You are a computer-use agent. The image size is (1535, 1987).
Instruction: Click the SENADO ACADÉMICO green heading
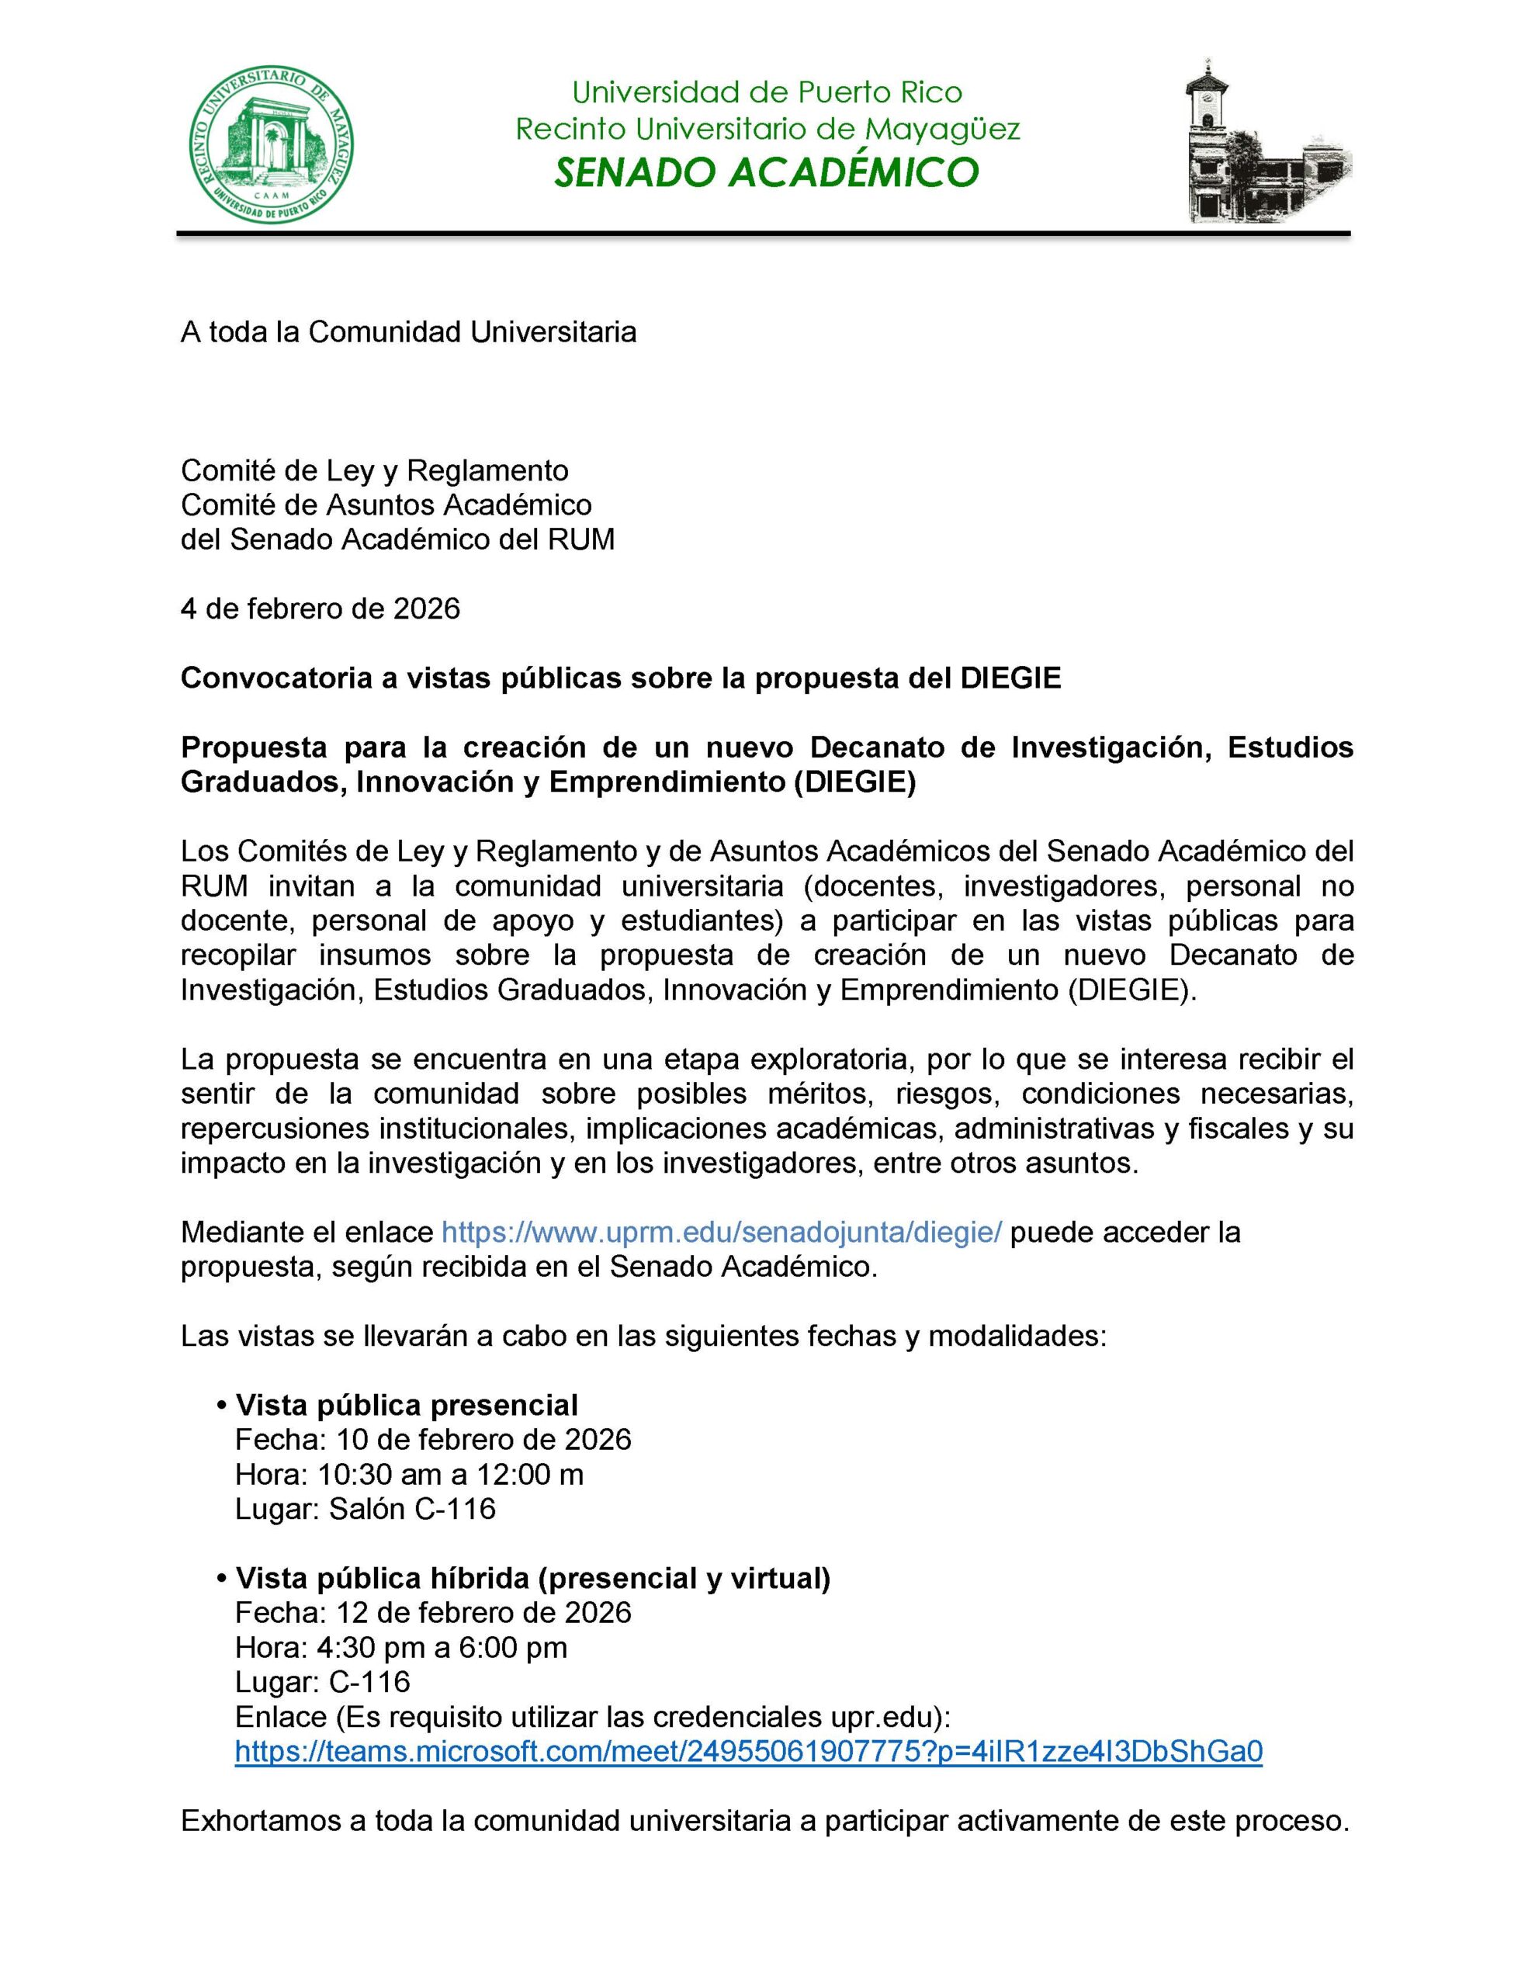(766, 172)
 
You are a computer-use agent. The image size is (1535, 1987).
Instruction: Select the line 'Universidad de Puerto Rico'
(766, 92)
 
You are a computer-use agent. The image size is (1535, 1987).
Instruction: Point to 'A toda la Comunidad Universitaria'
(408, 332)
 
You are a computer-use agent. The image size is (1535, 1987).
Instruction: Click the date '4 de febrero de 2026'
(321, 608)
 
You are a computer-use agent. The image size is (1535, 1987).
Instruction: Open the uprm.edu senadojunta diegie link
(721, 1232)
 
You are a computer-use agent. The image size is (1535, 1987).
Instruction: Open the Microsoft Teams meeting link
(748, 1751)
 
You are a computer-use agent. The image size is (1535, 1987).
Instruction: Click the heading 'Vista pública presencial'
(406, 1405)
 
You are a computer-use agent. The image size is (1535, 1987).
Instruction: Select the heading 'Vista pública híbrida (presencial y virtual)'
(532, 1578)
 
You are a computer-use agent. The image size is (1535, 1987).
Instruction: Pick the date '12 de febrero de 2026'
(483, 1612)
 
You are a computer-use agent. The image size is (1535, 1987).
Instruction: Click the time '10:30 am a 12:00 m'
(450, 1474)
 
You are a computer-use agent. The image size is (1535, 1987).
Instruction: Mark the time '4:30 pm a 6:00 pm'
(442, 1647)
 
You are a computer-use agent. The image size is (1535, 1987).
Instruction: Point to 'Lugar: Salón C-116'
(365, 1508)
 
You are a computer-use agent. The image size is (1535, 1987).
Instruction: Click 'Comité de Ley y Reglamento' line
(374, 470)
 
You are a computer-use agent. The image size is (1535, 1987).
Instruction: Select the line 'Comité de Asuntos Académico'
(386, 505)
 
